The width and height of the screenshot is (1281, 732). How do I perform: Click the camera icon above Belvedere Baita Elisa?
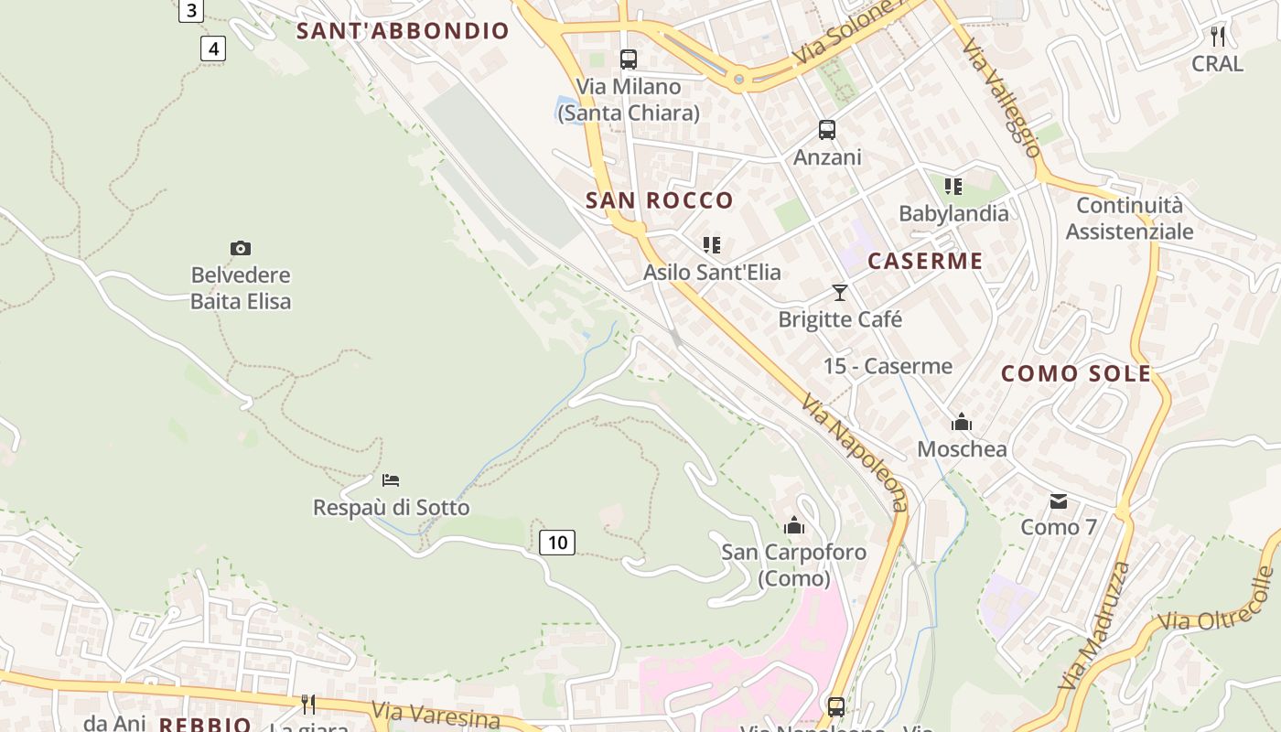coord(241,248)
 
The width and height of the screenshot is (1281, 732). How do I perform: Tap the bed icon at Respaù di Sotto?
coord(391,480)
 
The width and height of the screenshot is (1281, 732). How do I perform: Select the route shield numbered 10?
coord(556,543)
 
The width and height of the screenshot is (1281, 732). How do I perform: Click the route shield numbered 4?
coord(213,48)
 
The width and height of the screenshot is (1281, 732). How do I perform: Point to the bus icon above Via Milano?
coord(628,59)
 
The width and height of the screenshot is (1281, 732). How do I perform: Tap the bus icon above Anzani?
coord(827,130)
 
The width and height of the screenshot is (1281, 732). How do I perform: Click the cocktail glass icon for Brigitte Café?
coord(840,293)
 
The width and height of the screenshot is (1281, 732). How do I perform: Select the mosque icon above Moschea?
coord(962,422)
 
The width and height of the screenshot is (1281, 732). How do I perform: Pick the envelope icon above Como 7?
coord(1059,501)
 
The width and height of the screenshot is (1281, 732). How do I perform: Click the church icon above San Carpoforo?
coord(794,525)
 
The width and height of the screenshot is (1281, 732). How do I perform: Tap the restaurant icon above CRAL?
coord(1217,37)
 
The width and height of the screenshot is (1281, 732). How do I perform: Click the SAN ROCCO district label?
coord(660,200)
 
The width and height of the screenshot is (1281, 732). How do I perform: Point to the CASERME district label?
coord(925,261)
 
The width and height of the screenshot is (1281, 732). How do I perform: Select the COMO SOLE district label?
coord(1076,373)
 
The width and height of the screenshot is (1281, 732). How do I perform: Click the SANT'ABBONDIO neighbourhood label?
coord(403,31)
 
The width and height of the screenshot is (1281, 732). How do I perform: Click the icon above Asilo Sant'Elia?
coord(711,244)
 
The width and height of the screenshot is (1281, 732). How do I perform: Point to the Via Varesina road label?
coord(436,715)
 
